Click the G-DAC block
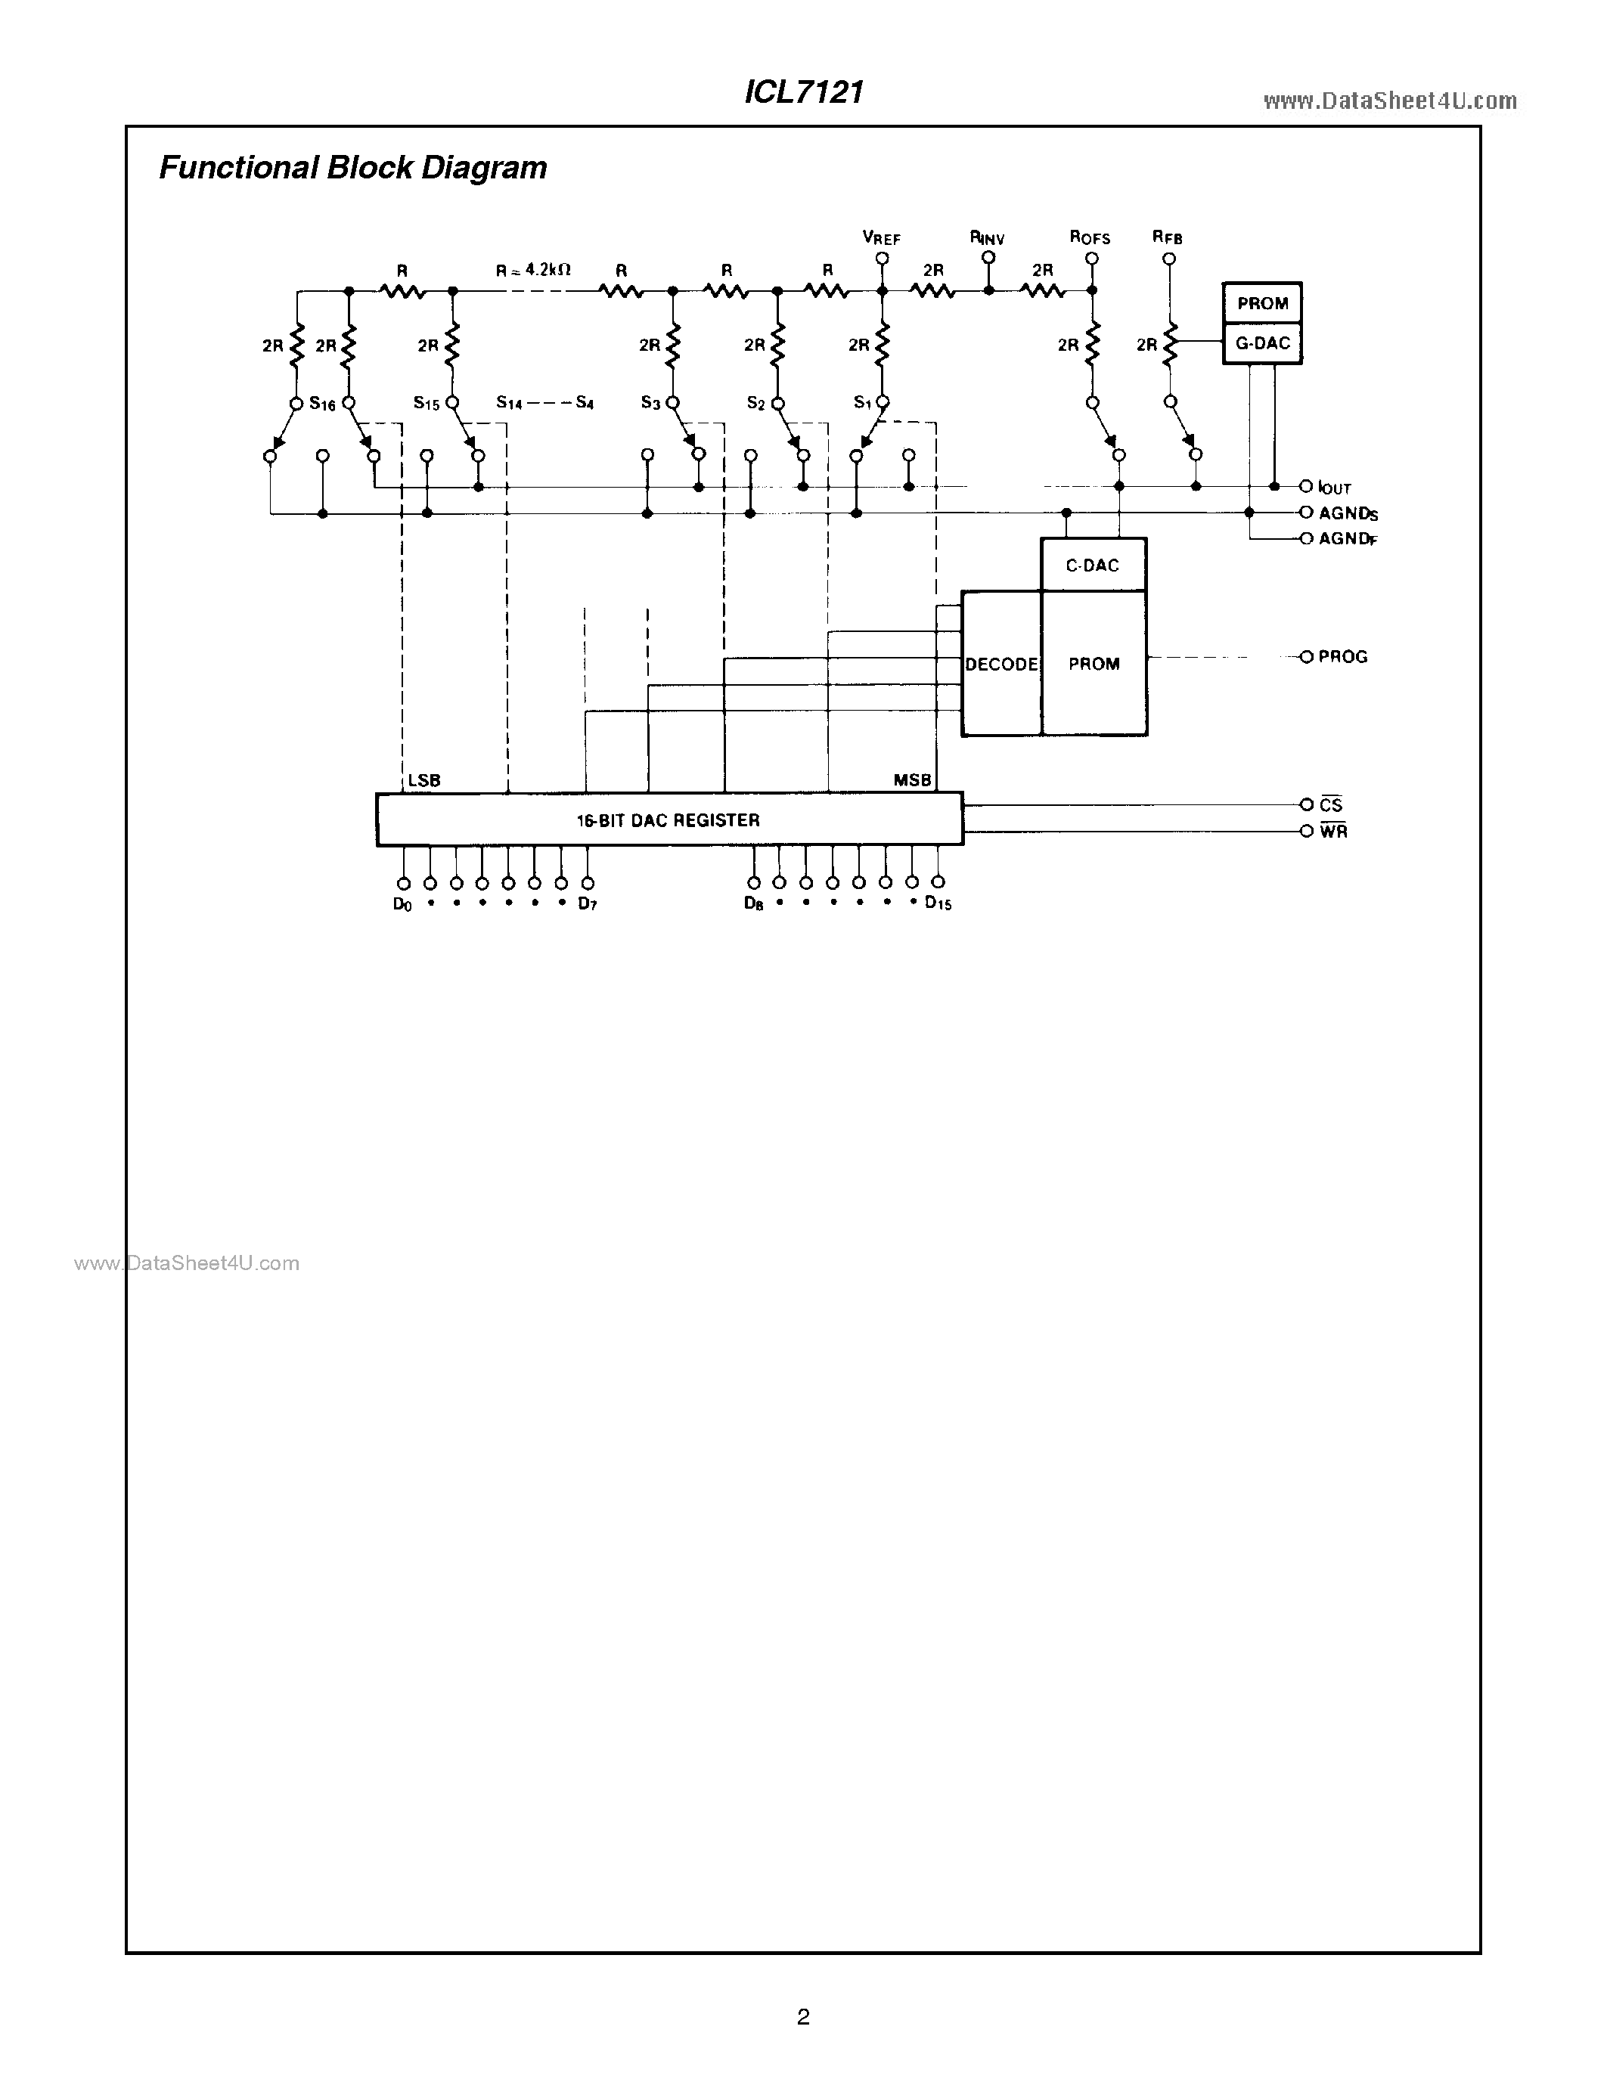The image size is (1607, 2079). [x=1262, y=344]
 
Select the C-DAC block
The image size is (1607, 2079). [x=1092, y=565]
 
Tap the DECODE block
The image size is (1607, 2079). [x=1001, y=665]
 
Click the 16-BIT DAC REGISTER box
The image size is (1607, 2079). [x=669, y=820]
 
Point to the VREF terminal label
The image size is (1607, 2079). [x=882, y=238]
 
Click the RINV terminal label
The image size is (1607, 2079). [x=987, y=238]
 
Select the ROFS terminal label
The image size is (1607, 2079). [x=1090, y=238]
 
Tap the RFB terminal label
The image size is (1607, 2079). [x=1167, y=238]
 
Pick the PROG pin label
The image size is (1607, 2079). [x=1342, y=657]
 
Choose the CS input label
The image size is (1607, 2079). [x=1331, y=805]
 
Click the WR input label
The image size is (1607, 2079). [x=1332, y=832]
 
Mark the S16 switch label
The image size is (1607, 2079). [x=323, y=404]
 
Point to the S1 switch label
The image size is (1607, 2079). [x=863, y=403]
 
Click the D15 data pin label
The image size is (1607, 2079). [x=938, y=903]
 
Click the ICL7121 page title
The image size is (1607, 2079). [x=803, y=92]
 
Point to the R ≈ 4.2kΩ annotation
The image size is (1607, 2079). [x=533, y=271]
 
